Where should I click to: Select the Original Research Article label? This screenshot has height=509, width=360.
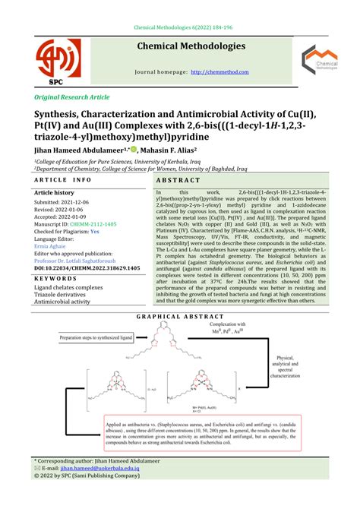point(72,98)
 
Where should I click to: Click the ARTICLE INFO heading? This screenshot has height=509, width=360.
point(62,182)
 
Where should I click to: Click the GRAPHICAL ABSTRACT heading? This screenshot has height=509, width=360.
point(180,316)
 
